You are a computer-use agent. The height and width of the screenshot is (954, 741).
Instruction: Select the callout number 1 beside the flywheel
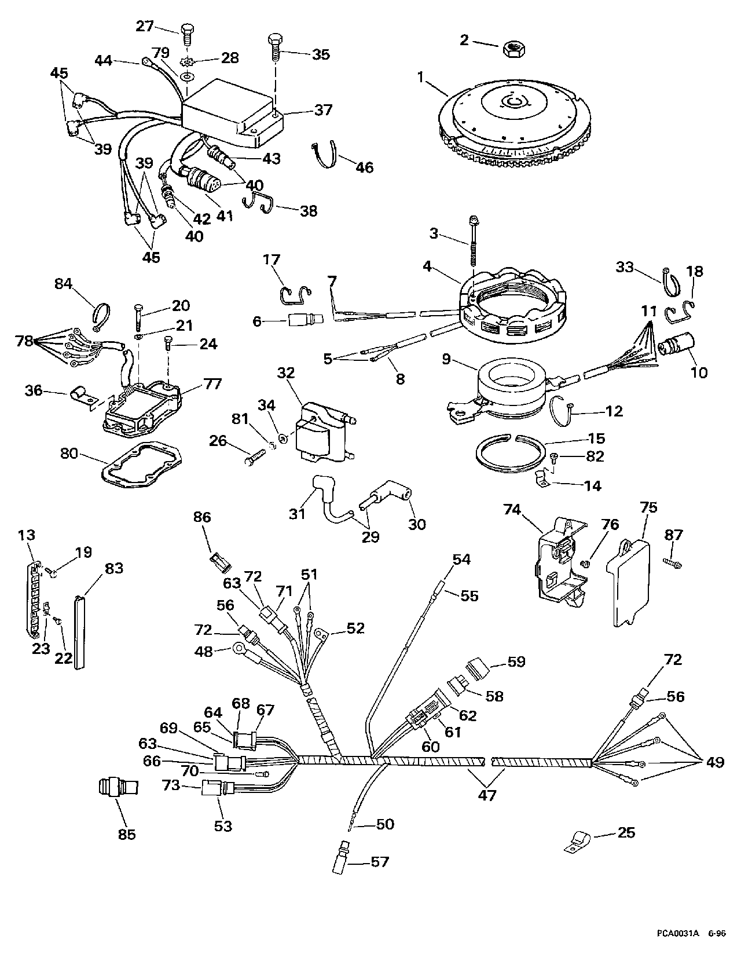click(x=421, y=78)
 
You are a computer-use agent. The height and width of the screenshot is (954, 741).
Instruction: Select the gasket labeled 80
click(x=142, y=465)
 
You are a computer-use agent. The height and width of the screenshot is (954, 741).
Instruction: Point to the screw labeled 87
click(x=672, y=564)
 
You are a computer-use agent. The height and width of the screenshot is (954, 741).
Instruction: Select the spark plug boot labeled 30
click(x=386, y=500)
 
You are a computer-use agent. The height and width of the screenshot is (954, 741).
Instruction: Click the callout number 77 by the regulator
click(x=212, y=384)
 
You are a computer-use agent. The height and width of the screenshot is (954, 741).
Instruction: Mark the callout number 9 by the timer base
click(x=446, y=359)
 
